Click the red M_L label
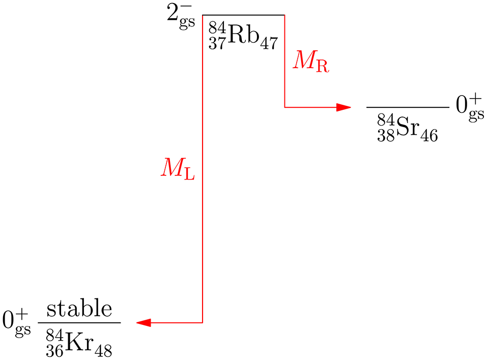(178, 168)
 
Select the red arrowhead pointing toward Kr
(144, 322)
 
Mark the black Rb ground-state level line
(243, 15)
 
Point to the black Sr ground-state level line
(408, 107)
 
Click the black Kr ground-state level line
(79, 322)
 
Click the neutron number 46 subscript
(429, 135)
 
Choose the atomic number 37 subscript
(216, 44)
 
